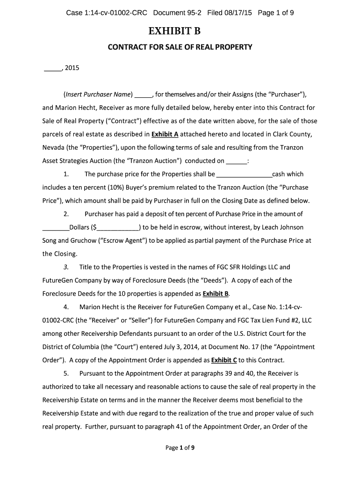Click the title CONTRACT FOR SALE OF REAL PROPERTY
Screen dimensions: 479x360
click(x=180, y=47)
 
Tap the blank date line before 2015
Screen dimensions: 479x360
click(x=52, y=69)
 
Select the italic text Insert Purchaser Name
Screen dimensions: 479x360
click(x=98, y=94)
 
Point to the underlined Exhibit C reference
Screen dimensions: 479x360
click(x=224, y=360)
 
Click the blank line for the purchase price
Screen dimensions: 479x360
click(x=245, y=175)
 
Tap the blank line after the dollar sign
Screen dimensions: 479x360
click(x=118, y=228)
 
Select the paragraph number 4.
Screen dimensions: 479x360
click(x=66, y=307)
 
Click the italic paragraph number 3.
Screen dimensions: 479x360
click(x=66, y=267)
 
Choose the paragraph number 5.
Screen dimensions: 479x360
click(x=66, y=373)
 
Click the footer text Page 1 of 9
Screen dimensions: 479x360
click(x=180, y=448)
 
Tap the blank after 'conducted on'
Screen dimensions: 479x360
click(x=236, y=161)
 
